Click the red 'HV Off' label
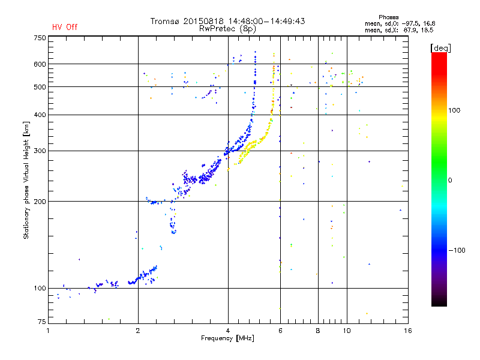tap(65, 27)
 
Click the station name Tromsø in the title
tap(164, 21)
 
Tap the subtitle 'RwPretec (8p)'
tap(227, 29)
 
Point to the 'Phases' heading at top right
tap(388, 17)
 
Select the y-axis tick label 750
tap(40, 38)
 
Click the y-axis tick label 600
tap(40, 64)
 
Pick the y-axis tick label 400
tap(40, 115)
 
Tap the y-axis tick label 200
tap(40, 202)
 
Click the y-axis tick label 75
tap(42, 322)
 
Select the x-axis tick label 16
tap(408, 331)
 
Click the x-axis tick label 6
tap(280, 331)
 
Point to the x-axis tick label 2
tap(138, 331)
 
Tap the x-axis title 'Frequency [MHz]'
tap(227, 338)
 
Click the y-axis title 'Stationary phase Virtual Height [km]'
tap(26, 180)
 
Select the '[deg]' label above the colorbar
tap(440, 48)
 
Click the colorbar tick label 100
tap(454, 110)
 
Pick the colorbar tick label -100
tap(457, 250)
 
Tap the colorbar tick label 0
tap(450, 180)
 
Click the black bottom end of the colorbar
tap(439, 304)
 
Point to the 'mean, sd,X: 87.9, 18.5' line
tap(399, 31)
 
